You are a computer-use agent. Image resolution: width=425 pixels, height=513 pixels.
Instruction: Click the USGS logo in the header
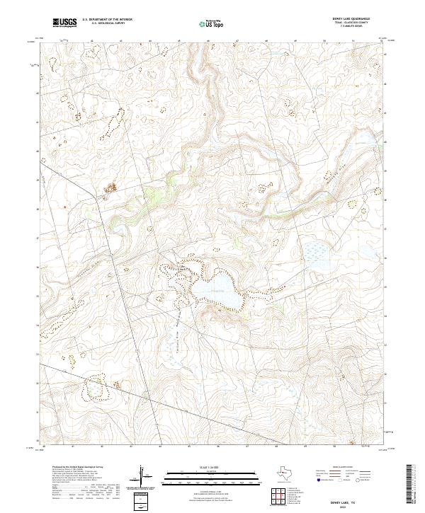(64, 23)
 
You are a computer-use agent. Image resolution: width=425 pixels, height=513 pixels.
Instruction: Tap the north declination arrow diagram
(142, 478)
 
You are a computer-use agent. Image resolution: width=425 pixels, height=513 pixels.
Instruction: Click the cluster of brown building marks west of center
(110, 188)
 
